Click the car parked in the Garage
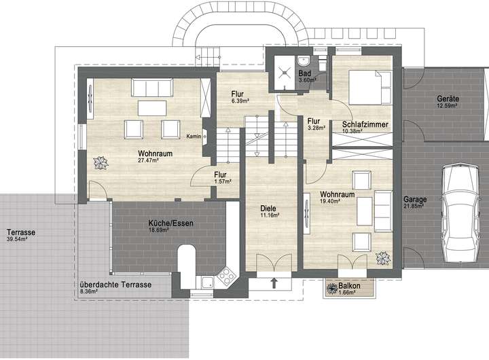point(461,213)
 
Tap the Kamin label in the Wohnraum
point(194,137)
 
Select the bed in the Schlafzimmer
point(370,88)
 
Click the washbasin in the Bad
point(303,61)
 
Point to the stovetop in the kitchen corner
point(226,276)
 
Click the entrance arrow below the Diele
point(274,283)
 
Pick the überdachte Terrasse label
point(115,285)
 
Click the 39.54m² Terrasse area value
point(16,239)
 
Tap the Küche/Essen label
point(170,223)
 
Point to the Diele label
point(268,209)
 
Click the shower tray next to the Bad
point(285,73)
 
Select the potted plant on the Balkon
point(332,288)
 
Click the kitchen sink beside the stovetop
point(206,283)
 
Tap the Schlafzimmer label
point(365,124)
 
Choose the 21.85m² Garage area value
point(413,206)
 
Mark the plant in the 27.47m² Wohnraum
point(101,163)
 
